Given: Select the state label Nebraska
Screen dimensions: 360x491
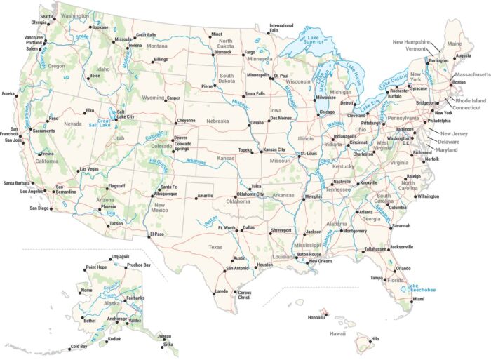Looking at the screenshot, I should (x=217, y=121).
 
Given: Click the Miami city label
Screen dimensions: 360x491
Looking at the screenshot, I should (x=418, y=299).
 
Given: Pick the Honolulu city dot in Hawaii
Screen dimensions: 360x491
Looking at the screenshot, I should (x=325, y=312).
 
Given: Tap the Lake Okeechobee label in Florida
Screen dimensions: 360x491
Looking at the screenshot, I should (x=423, y=288).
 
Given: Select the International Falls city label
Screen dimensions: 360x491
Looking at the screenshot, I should (x=281, y=28).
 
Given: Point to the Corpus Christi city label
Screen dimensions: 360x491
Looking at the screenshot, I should (x=244, y=295).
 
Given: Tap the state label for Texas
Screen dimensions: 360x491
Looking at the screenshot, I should (x=215, y=247).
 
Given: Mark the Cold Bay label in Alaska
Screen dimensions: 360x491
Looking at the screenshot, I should (x=79, y=347).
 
